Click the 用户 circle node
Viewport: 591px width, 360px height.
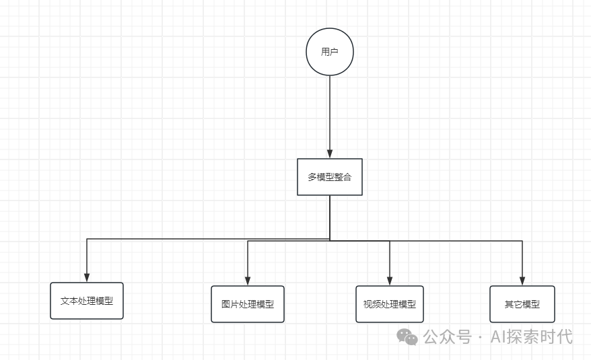pyautogui.click(x=330, y=52)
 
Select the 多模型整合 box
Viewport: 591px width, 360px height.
pyautogui.click(x=330, y=177)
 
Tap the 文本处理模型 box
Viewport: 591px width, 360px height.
pyautogui.click(x=87, y=301)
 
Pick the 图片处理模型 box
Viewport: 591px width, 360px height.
pyautogui.click(x=248, y=304)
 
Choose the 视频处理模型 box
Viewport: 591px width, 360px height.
pyautogui.click(x=390, y=304)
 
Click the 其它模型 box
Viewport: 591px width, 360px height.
pyautogui.click(x=522, y=304)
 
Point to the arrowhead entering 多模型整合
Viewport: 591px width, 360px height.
pyautogui.click(x=330, y=154)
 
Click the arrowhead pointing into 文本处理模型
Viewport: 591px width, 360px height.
pyautogui.click(x=87, y=277)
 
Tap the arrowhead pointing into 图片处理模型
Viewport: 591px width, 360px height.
pyautogui.click(x=248, y=281)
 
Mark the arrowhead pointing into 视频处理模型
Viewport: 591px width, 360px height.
pyautogui.click(x=390, y=281)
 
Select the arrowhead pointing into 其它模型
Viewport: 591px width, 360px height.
pyautogui.click(x=522, y=281)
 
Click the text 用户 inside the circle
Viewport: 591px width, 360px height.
pyautogui.click(x=330, y=52)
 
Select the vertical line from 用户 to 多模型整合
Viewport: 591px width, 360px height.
pyautogui.click(x=330, y=114)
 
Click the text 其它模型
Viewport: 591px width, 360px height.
pyautogui.click(x=522, y=304)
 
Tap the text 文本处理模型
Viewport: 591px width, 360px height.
pyautogui.click(x=87, y=301)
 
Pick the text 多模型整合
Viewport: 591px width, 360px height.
pyautogui.click(x=330, y=177)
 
